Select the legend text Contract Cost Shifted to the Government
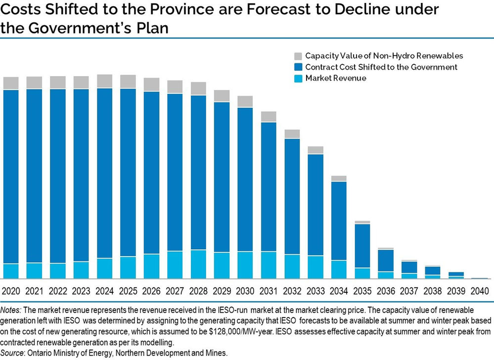tap(381, 67)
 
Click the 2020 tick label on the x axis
tap(11, 291)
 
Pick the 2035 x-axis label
tap(362, 291)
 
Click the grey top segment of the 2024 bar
tap(104, 81)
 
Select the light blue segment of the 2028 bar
tap(198, 264)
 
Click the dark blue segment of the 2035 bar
tap(362, 245)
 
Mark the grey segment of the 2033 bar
tap(315, 150)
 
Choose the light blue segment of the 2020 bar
tap(11, 271)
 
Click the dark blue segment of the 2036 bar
tap(386, 260)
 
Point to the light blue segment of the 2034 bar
tap(339, 269)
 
